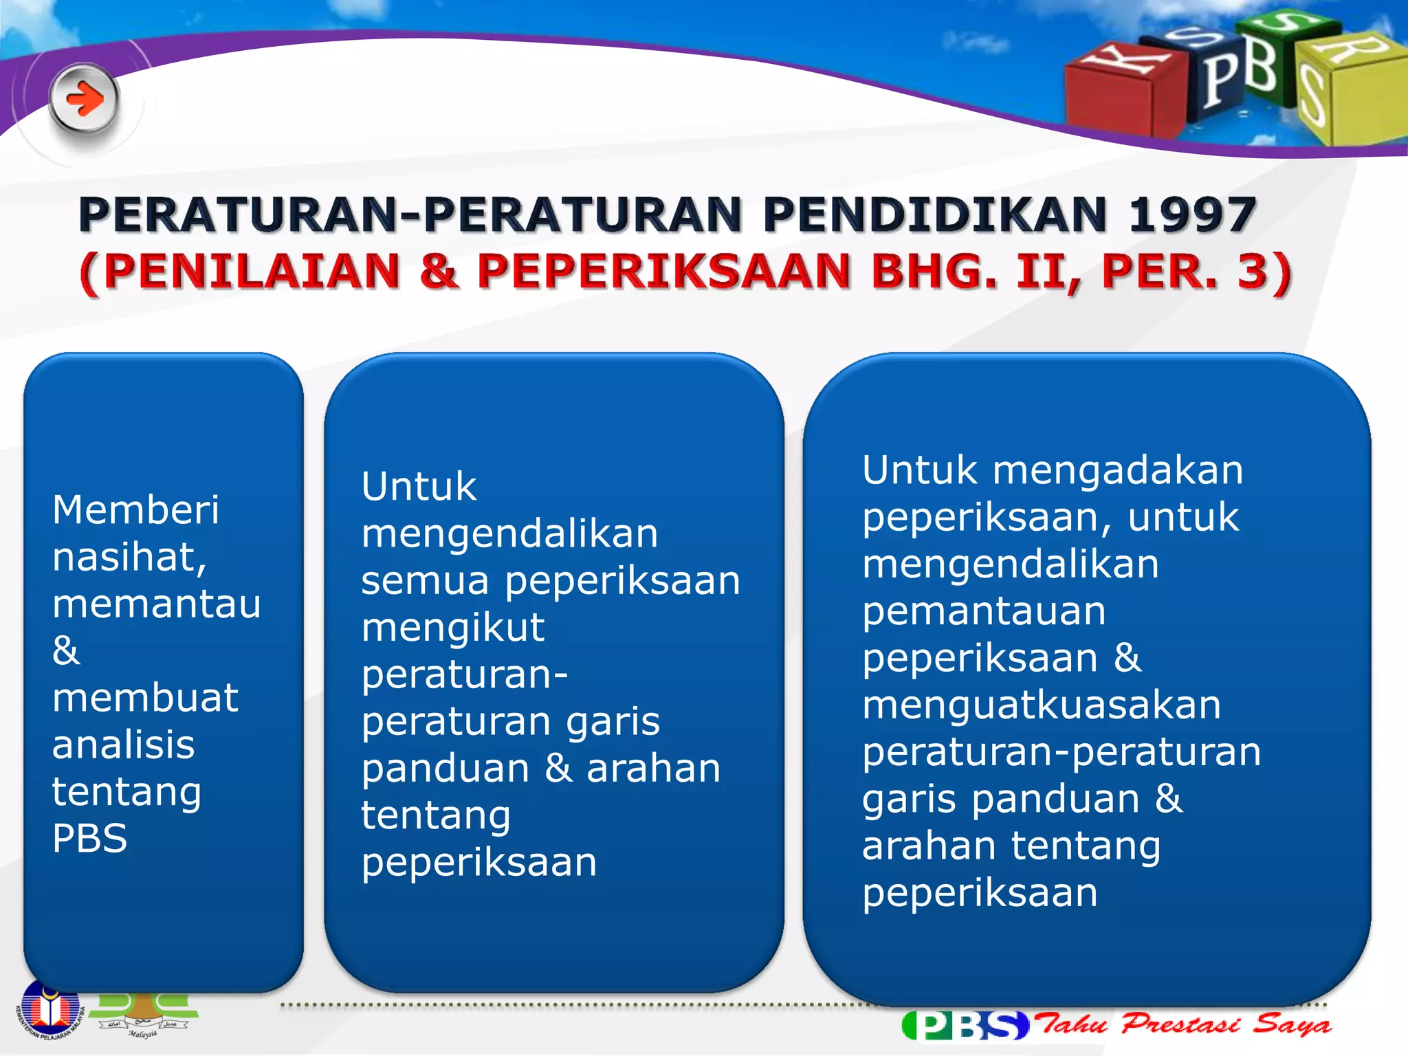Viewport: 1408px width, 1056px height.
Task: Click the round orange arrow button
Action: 85,100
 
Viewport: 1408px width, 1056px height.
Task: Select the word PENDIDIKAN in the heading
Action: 935,214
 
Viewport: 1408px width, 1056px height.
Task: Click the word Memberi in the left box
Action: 135,510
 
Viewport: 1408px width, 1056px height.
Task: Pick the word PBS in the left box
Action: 89,839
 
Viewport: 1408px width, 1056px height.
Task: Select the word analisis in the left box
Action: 123,745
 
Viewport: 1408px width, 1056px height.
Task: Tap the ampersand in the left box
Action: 66,650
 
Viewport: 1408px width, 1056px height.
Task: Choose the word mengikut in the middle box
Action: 452,628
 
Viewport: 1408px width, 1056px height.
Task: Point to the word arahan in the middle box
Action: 653,769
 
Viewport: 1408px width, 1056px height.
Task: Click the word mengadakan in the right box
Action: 1118,471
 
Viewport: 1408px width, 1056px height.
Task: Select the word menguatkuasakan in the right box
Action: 1041,705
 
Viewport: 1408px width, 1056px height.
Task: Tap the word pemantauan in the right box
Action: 984,611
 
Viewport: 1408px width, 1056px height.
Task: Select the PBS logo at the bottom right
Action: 965,1025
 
